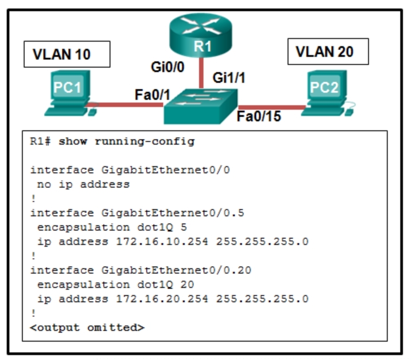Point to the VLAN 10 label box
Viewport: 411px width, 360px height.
67,54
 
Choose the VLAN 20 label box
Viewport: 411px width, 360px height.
327,51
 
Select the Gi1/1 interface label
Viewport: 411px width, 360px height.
229,78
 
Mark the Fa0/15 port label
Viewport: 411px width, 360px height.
259,117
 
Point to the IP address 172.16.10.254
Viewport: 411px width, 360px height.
162,242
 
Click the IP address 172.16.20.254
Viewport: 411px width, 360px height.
162,299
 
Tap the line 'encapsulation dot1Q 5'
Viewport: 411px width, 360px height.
112,227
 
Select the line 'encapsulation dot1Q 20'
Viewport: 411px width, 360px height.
115,284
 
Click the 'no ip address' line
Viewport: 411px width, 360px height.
83,184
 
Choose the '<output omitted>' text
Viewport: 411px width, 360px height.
87,327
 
